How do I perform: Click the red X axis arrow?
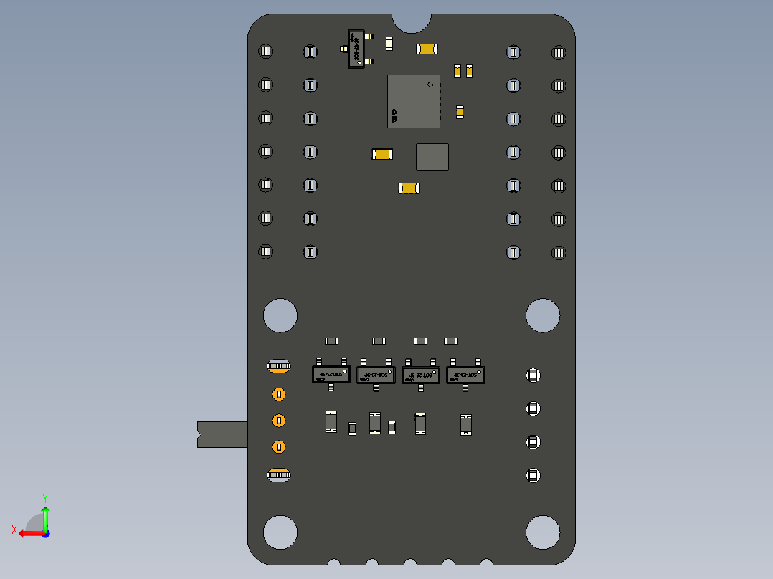(x=27, y=533)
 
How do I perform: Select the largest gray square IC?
(x=413, y=101)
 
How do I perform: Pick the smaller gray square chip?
(x=432, y=157)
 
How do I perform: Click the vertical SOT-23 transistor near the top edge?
(x=356, y=49)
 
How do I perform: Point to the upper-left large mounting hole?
(x=280, y=315)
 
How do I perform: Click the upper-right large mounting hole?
(x=543, y=315)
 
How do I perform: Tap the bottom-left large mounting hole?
(x=280, y=532)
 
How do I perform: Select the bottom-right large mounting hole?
(x=543, y=532)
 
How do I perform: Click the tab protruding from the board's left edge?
(x=222, y=434)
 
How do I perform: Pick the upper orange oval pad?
(x=279, y=367)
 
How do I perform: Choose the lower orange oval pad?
(x=279, y=474)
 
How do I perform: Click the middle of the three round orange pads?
(x=279, y=421)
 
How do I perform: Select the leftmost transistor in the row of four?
(x=331, y=374)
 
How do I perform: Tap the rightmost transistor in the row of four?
(x=465, y=375)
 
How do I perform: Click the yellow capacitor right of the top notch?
(x=427, y=49)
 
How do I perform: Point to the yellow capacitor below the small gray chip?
(x=409, y=188)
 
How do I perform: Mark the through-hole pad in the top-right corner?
(x=559, y=52)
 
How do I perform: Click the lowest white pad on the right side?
(x=533, y=475)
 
